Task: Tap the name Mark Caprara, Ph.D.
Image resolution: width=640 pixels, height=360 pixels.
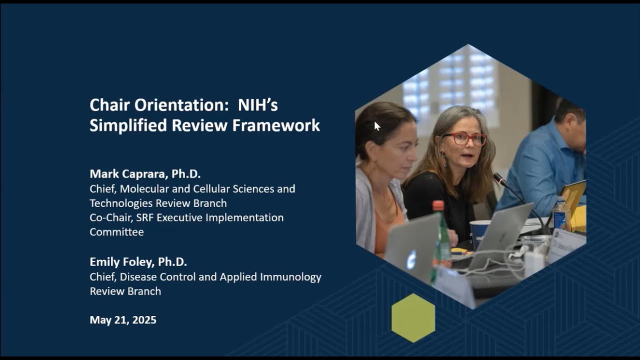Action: [145, 174]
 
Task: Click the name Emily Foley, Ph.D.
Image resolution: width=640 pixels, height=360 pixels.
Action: [138, 262]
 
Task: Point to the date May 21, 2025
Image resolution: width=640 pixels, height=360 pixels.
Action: [123, 320]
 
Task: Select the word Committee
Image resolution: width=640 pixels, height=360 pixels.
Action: [116, 232]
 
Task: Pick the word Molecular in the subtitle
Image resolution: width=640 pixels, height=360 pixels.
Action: [141, 189]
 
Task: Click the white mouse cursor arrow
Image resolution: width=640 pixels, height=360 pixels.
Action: [377, 126]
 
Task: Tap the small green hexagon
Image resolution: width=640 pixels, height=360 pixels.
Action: [413, 318]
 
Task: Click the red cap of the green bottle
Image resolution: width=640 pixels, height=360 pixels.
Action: [438, 205]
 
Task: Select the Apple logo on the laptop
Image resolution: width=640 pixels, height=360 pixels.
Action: [411, 259]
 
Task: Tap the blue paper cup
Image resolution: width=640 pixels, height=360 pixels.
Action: [479, 231]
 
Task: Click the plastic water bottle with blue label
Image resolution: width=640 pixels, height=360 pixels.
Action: [560, 214]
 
